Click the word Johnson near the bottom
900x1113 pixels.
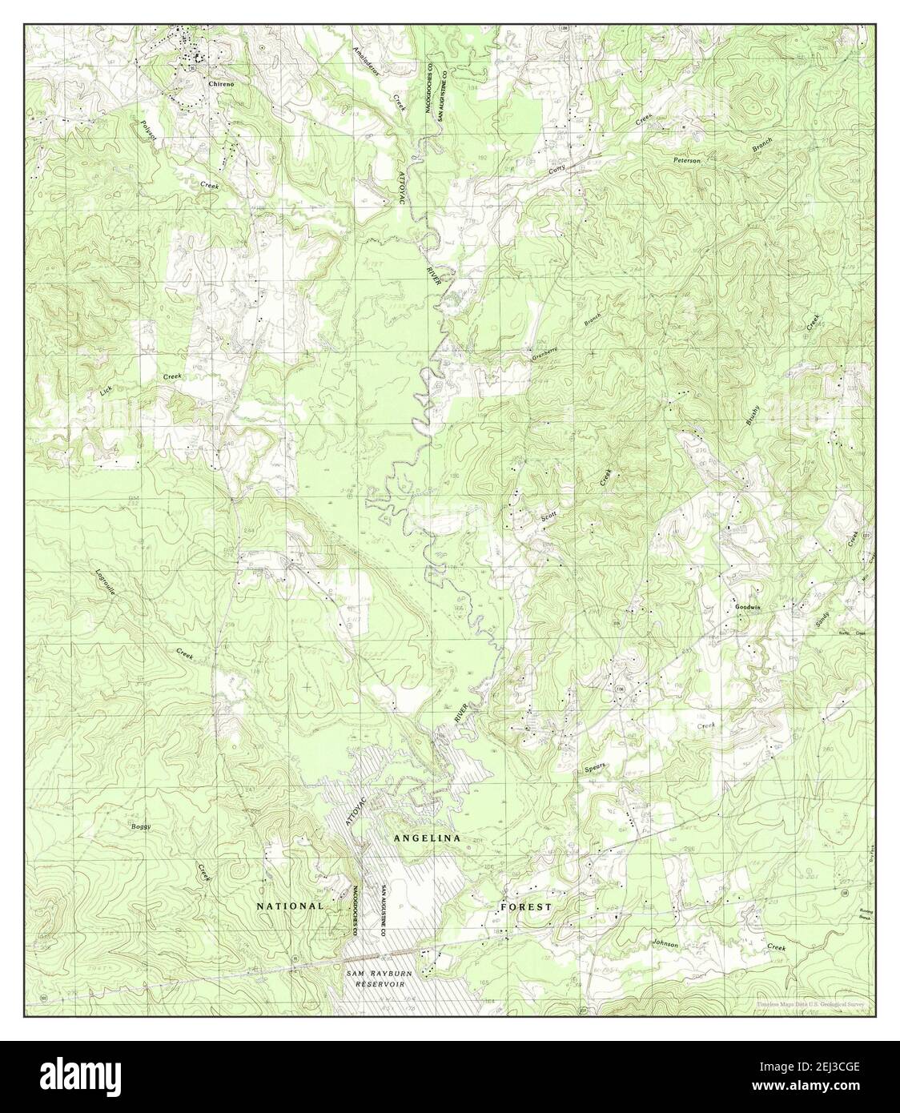(x=665, y=945)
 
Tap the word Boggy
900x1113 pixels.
(x=140, y=826)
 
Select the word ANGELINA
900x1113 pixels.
(x=426, y=837)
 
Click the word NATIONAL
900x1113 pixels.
(x=290, y=906)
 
